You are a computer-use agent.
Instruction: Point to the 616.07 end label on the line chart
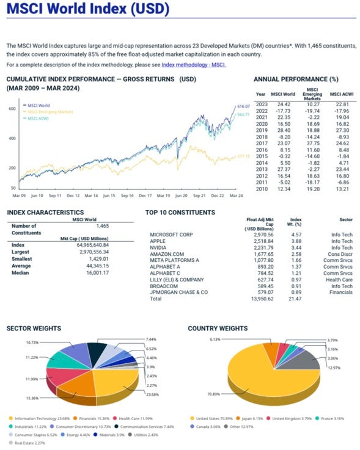click(x=244, y=106)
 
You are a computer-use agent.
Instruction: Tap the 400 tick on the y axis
click(x=11, y=138)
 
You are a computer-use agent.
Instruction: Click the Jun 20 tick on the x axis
click(x=181, y=195)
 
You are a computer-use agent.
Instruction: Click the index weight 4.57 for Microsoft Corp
click(x=296, y=234)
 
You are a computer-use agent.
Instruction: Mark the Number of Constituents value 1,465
click(x=106, y=225)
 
